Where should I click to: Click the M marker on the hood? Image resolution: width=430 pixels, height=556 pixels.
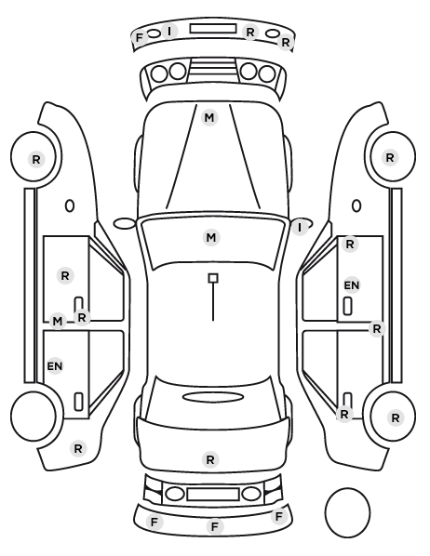click(209, 118)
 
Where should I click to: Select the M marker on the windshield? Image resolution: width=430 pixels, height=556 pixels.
click(211, 237)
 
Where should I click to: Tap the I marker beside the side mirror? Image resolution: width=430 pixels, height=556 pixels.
click(300, 228)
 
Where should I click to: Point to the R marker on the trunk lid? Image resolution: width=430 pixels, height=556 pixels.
click(210, 460)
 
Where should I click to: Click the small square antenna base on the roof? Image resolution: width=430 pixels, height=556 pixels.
click(213, 278)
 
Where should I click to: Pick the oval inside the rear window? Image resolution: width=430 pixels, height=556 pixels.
click(213, 397)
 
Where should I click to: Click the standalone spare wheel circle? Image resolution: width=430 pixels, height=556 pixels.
click(347, 512)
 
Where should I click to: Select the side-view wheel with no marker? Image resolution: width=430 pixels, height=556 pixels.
click(34, 416)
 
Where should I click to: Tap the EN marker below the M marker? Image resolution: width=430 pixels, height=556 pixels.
click(55, 366)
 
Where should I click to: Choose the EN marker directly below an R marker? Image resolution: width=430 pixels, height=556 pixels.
click(352, 285)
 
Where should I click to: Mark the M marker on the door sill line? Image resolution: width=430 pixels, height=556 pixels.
click(58, 322)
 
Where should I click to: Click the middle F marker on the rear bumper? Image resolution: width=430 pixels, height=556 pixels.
click(214, 526)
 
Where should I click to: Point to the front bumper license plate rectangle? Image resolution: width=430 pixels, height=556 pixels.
click(213, 29)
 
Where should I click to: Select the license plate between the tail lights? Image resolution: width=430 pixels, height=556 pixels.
click(213, 495)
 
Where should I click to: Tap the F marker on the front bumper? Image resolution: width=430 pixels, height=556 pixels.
click(140, 37)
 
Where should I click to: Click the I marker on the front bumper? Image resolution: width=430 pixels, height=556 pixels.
click(169, 32)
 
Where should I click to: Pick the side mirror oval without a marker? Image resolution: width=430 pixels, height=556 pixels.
click(125, 224)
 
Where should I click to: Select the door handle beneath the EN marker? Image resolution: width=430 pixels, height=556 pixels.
click(348, 306)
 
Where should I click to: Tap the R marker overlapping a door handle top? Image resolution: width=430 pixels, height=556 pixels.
click(344, 414)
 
